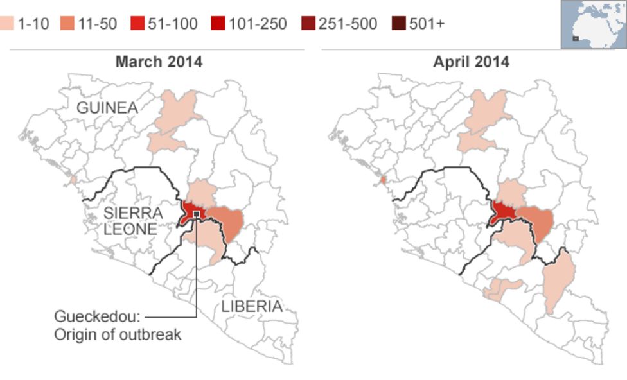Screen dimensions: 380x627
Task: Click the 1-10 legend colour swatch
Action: coord(6,24)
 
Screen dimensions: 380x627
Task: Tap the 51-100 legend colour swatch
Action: coord(136,24)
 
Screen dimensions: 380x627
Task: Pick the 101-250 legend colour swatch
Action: coord(218,24)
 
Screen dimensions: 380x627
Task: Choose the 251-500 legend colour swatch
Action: coord(308,24)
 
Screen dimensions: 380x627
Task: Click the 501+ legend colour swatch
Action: coord(398,24)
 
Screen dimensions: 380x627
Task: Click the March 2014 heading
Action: coord(159,62)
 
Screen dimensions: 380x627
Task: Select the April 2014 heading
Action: coord(471,62)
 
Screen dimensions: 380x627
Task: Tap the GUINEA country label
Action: coord(107,108)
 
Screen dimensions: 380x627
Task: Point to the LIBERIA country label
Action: coord(252,306)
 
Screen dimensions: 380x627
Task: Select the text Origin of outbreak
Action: coord(118,334)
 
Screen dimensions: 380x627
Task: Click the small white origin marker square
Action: coord(196,213)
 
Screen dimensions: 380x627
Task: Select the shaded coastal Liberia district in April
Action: coord(498,288)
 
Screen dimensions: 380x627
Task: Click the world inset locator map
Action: coord(593,24)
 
